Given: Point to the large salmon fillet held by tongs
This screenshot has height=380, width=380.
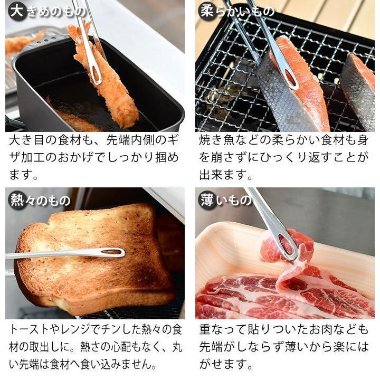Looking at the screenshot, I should tap(296, 95).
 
